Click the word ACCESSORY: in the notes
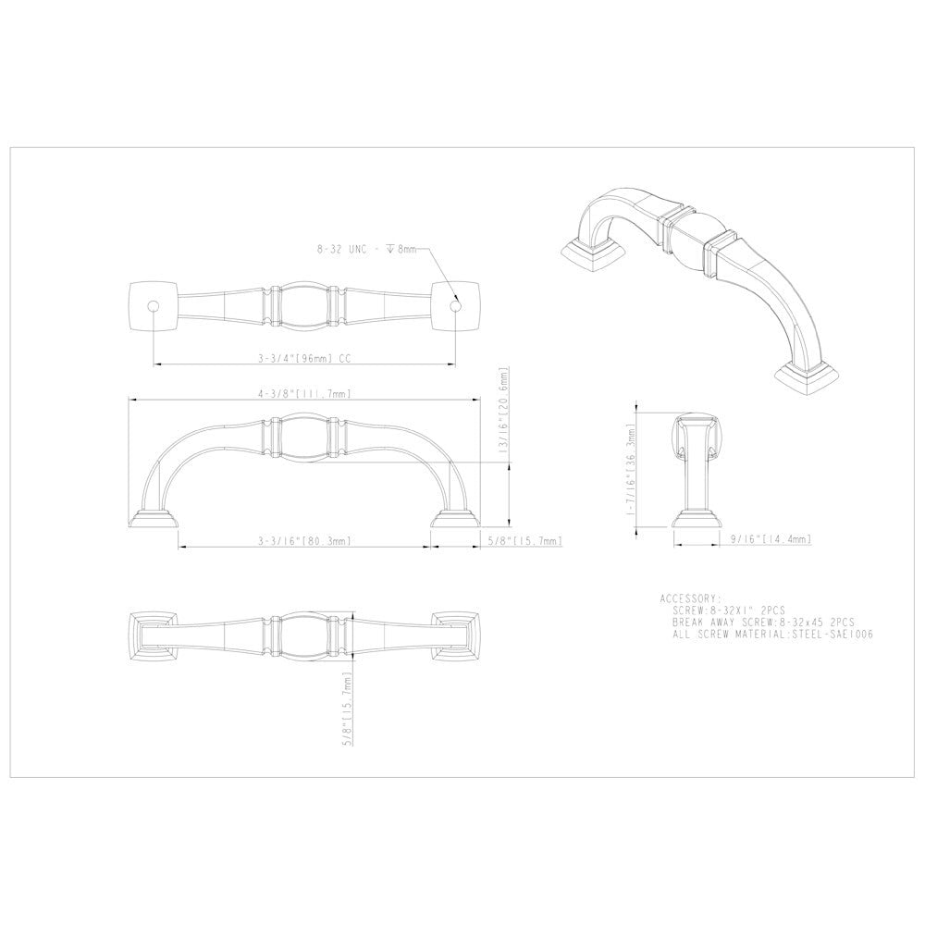click(x=690, y=598)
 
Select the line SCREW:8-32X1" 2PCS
click(x=730, y=611)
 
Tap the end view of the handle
click(x=697, y=467)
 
